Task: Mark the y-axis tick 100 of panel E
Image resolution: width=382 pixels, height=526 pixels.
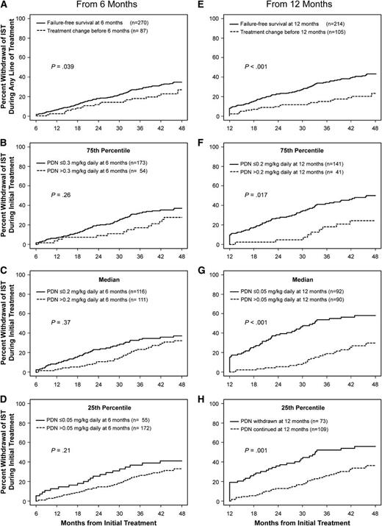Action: click(220, 17)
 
